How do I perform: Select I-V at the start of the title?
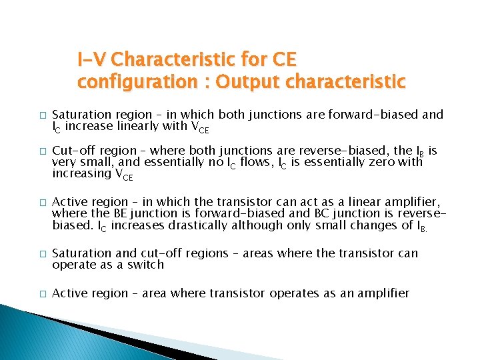(x=92, y=60)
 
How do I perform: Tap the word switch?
(x=145, y=265)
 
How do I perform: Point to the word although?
(x=257, y=225)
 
